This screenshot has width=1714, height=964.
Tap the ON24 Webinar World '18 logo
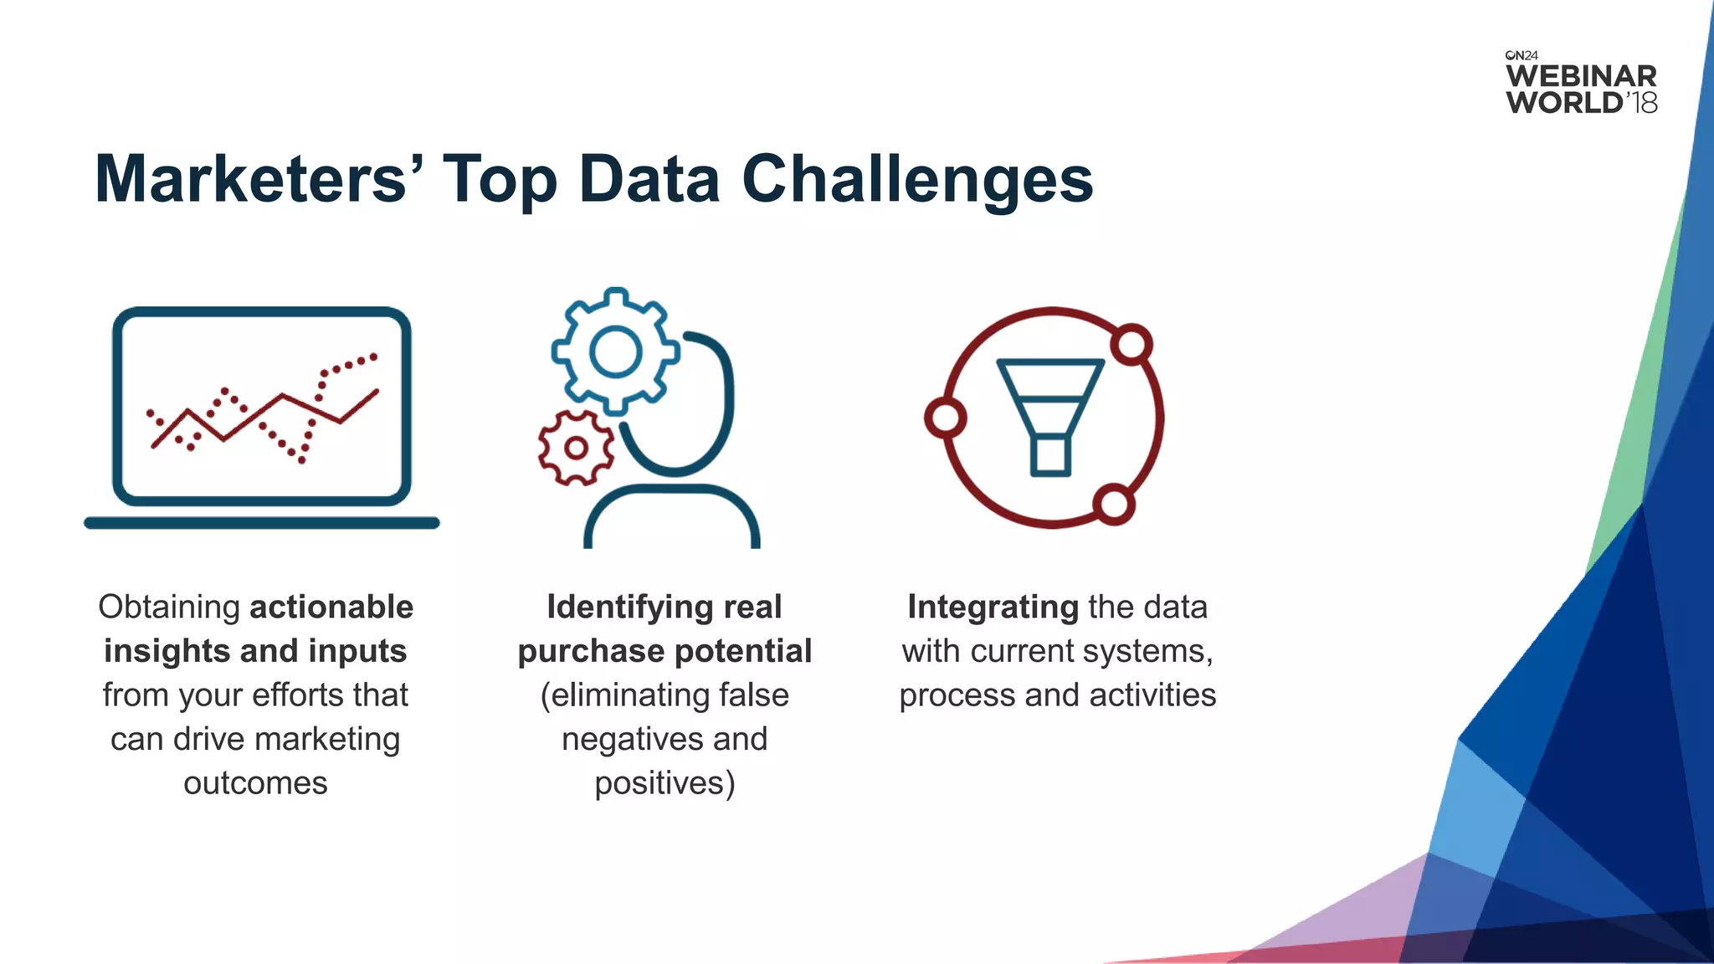(1581, 84)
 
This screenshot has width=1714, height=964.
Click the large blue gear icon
(615, 351)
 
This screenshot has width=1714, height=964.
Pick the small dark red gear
(576, 448)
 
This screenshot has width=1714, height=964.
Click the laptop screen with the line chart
(262, 407)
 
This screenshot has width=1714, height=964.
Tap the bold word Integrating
(993, 607)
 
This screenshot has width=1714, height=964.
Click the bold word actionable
(331, 607)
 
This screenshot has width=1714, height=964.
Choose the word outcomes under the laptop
(255, 783)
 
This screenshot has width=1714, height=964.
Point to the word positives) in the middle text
(665, 783)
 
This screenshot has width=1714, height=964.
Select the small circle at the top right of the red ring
(1132, 344)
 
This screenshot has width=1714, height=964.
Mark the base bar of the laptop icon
(262, 523)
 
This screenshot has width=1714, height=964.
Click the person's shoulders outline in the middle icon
(672, 515)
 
